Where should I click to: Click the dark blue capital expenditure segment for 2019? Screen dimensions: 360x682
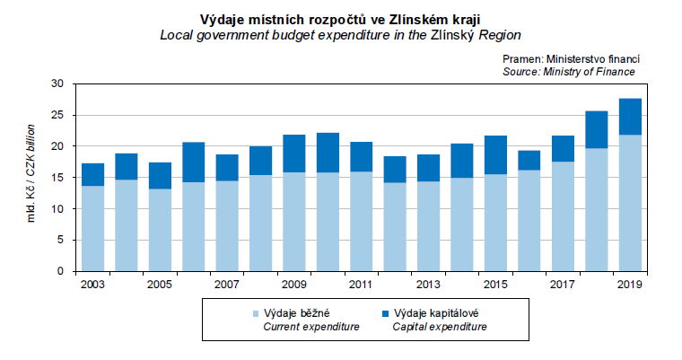pos(630,117)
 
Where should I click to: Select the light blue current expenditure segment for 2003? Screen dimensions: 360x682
pos(92,228)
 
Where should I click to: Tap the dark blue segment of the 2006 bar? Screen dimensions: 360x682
pos(194,162)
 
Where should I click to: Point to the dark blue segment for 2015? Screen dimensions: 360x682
pos(495,155)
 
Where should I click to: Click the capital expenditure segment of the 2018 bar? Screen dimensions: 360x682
pos(597,129)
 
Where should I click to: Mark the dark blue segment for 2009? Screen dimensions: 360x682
pos(294,154)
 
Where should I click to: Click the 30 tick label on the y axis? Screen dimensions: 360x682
pos(58,83)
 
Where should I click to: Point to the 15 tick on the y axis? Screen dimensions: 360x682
pos(58,178)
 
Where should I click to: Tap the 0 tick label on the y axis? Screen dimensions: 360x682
pos(61,271)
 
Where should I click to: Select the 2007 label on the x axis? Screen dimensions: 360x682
pos(227,284)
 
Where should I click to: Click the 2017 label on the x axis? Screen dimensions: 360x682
pos(563,284)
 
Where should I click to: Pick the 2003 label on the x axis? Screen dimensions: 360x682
pos(92,284)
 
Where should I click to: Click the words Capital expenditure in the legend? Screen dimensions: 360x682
pos(440,327)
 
